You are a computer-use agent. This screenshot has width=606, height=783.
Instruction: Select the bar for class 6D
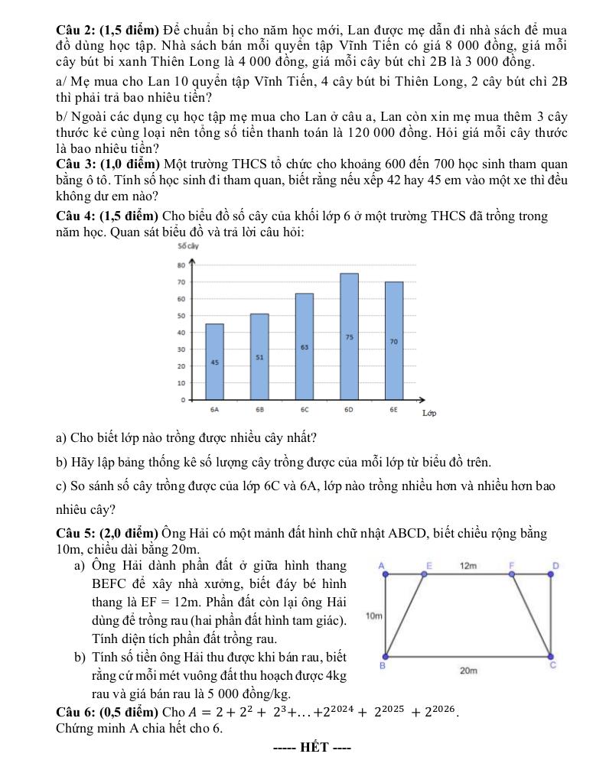349,336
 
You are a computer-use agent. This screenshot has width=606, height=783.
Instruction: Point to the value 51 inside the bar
259,356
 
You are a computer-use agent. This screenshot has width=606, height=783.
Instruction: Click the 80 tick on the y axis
181,265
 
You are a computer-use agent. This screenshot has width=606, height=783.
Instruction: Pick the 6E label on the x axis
393,410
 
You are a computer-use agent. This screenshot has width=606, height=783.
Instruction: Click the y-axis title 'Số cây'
188,246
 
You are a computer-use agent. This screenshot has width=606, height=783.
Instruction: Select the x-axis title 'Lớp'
429,414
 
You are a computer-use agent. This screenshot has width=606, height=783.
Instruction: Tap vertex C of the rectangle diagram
551,656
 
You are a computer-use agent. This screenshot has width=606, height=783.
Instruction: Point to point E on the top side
429,580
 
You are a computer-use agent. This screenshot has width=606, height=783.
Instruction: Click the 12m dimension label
468,566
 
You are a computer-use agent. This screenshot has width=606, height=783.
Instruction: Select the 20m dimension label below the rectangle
468,670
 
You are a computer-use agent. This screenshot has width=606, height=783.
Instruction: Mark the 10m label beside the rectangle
374,615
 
